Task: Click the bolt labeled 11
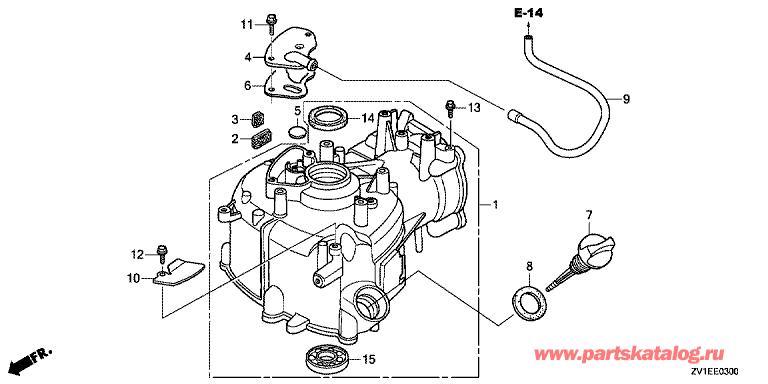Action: coord(271,22)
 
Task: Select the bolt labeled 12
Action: coord(161,252)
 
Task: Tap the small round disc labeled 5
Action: coord(297,132)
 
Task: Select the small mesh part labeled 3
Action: coord(258,119)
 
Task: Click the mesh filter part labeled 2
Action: coord(262,136)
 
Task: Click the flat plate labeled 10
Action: coord(178,273)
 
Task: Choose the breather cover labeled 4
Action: coord(292,49)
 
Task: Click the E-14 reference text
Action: coord(528,13)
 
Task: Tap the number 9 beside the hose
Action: coord(626,99)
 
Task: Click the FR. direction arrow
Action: coord(30,359)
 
